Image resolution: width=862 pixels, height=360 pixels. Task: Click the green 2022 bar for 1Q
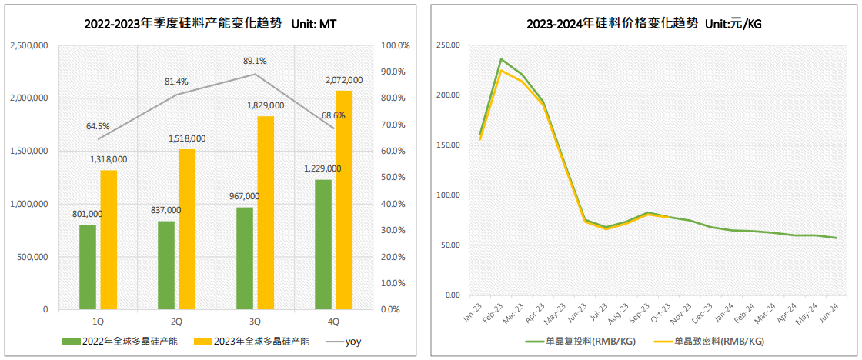(x=88, y=267)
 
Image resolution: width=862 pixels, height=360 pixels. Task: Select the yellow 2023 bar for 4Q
(x=344, y=200)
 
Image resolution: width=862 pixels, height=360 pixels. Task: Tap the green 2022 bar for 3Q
(x=245, y=258)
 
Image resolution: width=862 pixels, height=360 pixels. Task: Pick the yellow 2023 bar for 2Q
(x=187, y=229)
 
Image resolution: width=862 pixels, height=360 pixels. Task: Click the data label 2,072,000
(x=344, y=80)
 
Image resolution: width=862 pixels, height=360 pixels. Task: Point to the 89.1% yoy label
(x=255, y=61)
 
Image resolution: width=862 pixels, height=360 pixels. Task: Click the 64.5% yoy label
(x=98, y=126)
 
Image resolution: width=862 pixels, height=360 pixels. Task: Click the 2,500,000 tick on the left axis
(x=30, y=45)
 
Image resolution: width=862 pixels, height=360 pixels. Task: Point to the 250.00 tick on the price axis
(x=447, y=45)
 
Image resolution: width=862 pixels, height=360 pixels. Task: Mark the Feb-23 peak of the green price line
(x=501, y=59)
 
